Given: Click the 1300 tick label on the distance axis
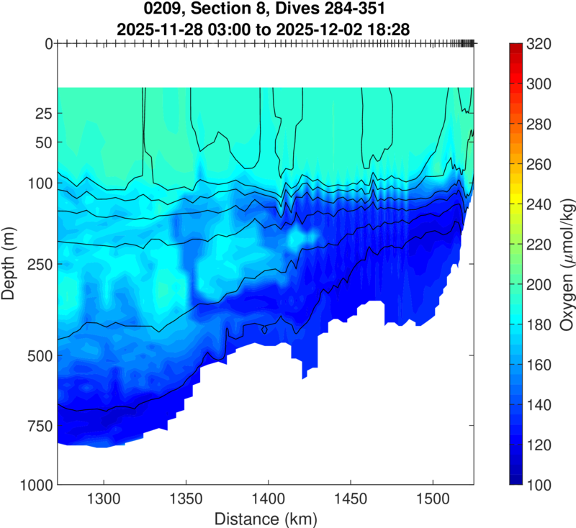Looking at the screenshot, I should [x=104, y=498].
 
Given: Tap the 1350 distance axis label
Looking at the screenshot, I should [x=186, y=498].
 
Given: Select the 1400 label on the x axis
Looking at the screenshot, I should [x=268, y=498].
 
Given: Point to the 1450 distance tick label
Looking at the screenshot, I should [x=350, y=498].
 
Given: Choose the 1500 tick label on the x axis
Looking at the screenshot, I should [x=432, y=498].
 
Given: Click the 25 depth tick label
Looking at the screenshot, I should [x=42, y=114].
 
